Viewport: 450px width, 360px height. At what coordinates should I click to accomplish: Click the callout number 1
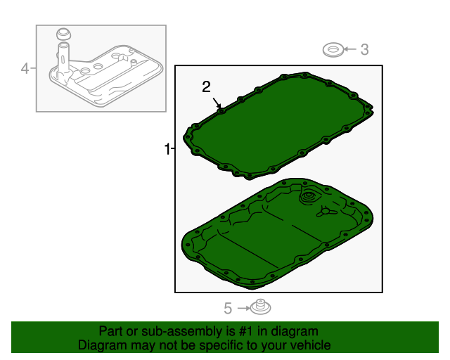point(167,149)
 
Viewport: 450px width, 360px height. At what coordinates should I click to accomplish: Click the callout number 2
point(206,86)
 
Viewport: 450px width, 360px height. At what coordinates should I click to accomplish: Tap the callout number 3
point(364,49)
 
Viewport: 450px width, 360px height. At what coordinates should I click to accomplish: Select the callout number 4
point(25,68)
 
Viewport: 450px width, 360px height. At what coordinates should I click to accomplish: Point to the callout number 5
point(228,308)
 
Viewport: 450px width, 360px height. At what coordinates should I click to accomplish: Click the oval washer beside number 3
point(333,49)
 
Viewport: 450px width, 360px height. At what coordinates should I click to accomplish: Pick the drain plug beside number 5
point(262,307)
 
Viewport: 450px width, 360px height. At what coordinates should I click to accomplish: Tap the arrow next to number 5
point(243,308)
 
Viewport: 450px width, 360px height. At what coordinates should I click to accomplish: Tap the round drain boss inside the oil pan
point(309,198)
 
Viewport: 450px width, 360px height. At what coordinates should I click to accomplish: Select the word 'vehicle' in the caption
point(309,345)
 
